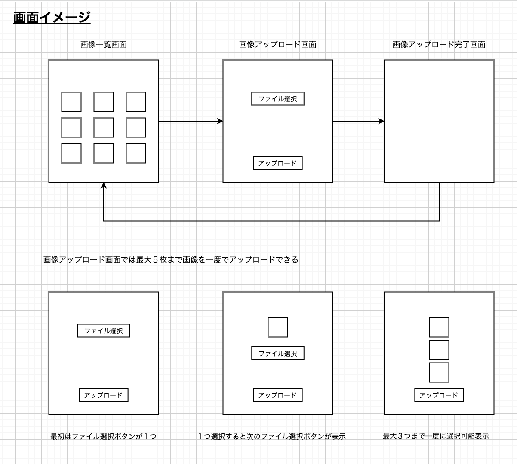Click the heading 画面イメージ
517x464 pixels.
[x=52, y=18]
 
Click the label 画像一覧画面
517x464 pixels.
[x=103, y=44]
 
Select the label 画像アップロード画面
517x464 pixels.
[x=277, y=44]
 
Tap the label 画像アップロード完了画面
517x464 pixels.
[x=439, y=44]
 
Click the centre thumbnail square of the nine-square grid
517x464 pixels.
[x=104, y=128]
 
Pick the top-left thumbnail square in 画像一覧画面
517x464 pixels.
[x=71, y=102]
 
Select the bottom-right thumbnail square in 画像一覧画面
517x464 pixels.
[x=136, y=153]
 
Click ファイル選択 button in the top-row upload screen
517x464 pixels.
[x=277, y=99]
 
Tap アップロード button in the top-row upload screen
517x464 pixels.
[x=277, y=163]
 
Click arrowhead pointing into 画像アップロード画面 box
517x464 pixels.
[x=220, y=122]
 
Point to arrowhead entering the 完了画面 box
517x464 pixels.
[x=381, y=122]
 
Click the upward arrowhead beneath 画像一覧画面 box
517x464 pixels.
[x=104, y=186]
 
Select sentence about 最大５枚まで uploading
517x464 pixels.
[x=170, y=259]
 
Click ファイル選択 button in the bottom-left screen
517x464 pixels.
[x=104, y=331]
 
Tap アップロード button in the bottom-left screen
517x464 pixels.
[x=104, y=395]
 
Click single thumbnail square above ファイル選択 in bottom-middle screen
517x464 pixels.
[x=277, y=327]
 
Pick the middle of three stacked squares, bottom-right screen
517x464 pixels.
[x=439, y=350]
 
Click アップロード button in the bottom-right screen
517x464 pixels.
[x=439, y=395]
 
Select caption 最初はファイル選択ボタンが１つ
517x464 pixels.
[x=103, y=437]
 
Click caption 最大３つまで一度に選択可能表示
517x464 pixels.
[x=436, y=436]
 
